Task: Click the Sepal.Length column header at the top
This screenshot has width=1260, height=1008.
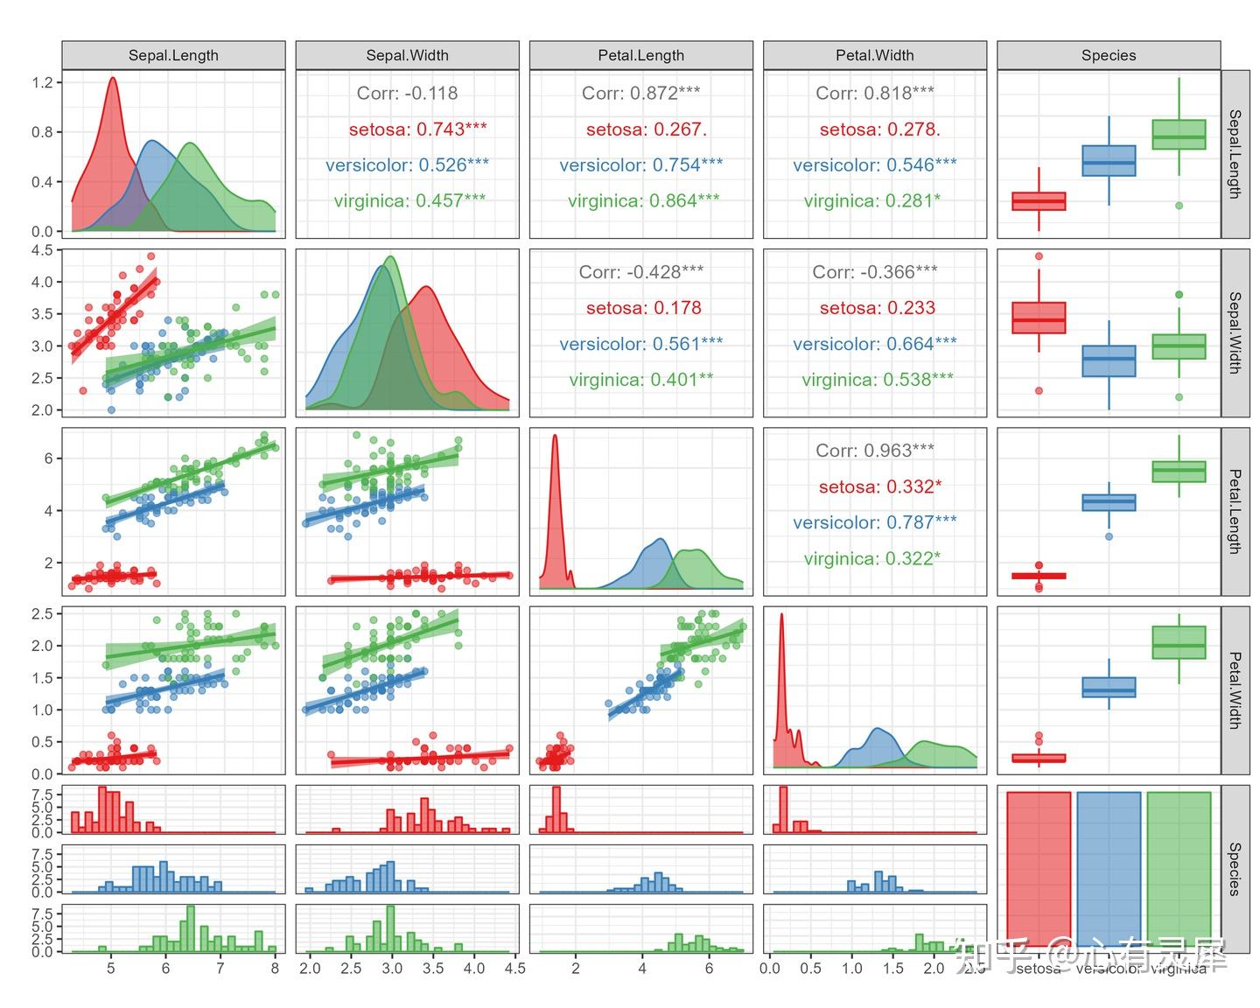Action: tap(173, 55)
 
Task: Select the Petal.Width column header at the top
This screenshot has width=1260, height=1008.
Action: tap(874, 55)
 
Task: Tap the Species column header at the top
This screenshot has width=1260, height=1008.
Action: tap(1108, 55)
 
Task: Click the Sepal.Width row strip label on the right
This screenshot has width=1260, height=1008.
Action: tap(1234, 332)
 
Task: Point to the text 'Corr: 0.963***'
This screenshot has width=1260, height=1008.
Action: tap(874, 451)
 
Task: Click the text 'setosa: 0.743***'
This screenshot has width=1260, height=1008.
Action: tap(417, 129)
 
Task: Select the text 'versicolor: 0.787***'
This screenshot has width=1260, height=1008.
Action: tap(874, 522)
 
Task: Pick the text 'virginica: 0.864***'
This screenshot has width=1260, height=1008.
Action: tap(643, 200)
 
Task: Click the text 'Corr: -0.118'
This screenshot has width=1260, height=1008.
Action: tap(407, 93)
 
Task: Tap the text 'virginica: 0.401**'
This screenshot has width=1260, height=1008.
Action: tap(640, 380)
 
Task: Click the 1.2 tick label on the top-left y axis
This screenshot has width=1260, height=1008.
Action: tap(42, 82)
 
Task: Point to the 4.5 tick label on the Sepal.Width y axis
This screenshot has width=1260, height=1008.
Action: tap(42, 250)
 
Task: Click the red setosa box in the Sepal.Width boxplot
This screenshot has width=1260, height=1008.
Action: tap(1039, 318)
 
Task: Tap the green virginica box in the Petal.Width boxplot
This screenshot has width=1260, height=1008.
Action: tap(1179, 642)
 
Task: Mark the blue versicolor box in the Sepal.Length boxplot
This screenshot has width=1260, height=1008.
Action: tap(1109, 161)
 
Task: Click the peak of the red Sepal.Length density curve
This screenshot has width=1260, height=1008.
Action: tap(113, 78)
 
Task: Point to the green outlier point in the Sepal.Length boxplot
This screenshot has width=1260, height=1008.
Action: tap(1179, 206)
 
